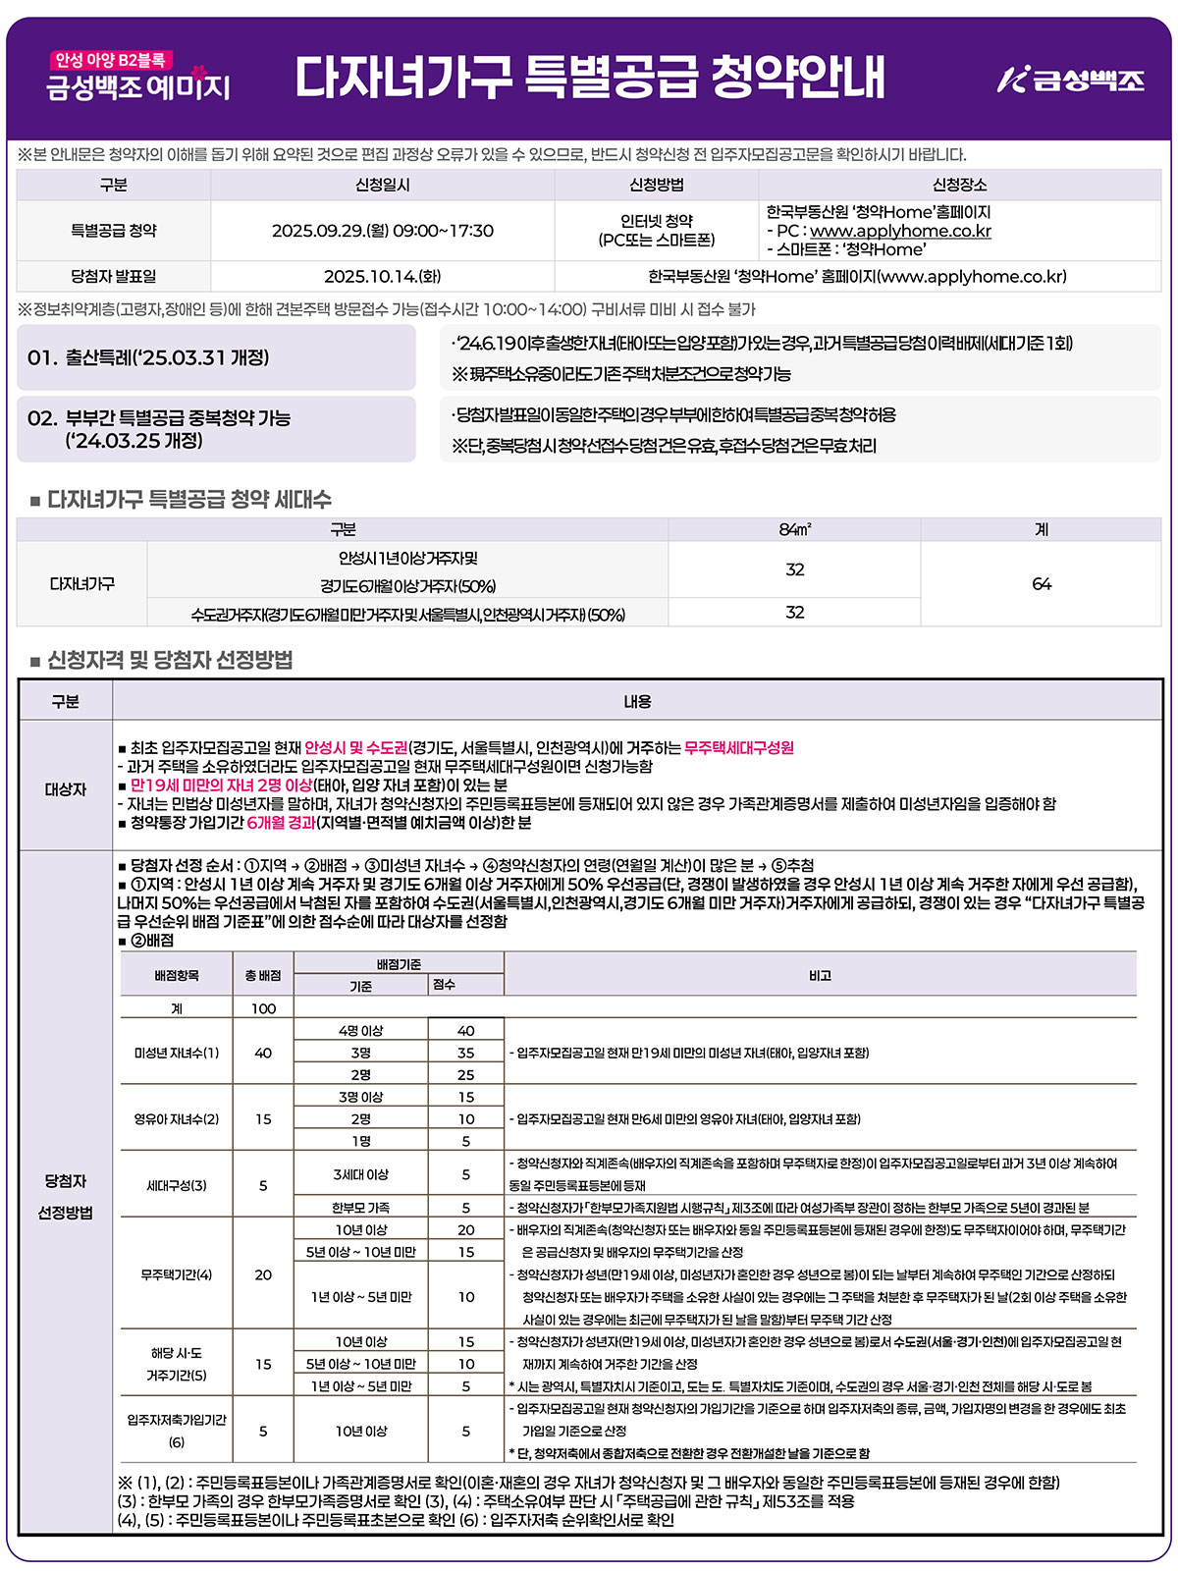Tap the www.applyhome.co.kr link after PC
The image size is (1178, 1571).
[x=900, y=231]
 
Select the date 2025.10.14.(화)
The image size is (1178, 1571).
[x=382, y=276]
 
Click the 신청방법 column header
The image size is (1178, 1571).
[x=656, y=185]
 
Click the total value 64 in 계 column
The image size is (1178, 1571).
[x=1041, y=584]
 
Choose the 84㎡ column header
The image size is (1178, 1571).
[x=794, y=529]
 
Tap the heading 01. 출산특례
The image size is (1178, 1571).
[x=148, y=357]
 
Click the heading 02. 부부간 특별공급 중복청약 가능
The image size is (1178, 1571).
[x=159, y=418]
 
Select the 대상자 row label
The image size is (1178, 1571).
[x=65, y=789]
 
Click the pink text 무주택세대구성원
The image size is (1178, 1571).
[x=738, y=747]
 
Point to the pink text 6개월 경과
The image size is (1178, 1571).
[x=281, y=822]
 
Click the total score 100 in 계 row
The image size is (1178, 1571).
[x=263, y=1008]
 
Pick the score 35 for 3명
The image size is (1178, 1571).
[x=465, y=1053]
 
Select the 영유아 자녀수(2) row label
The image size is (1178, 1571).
[x=177, y=1118]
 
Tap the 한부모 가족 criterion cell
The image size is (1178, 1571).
[x=360, y=1208]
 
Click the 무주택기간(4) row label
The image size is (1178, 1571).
[x=177, y=1274]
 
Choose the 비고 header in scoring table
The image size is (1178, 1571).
[x=820, y=975]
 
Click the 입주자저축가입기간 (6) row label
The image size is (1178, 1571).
[x=177, y=1431]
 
